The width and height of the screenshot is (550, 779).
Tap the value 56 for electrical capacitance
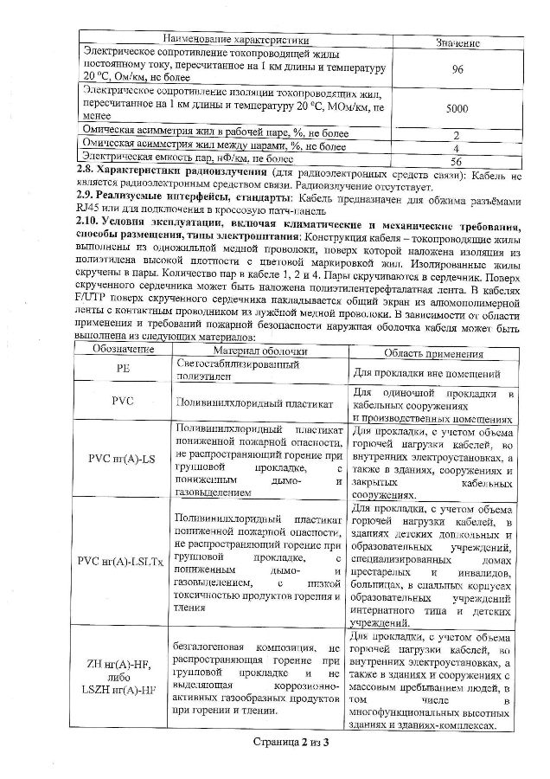(457, 161)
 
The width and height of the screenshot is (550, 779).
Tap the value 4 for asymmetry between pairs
(457, 148)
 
